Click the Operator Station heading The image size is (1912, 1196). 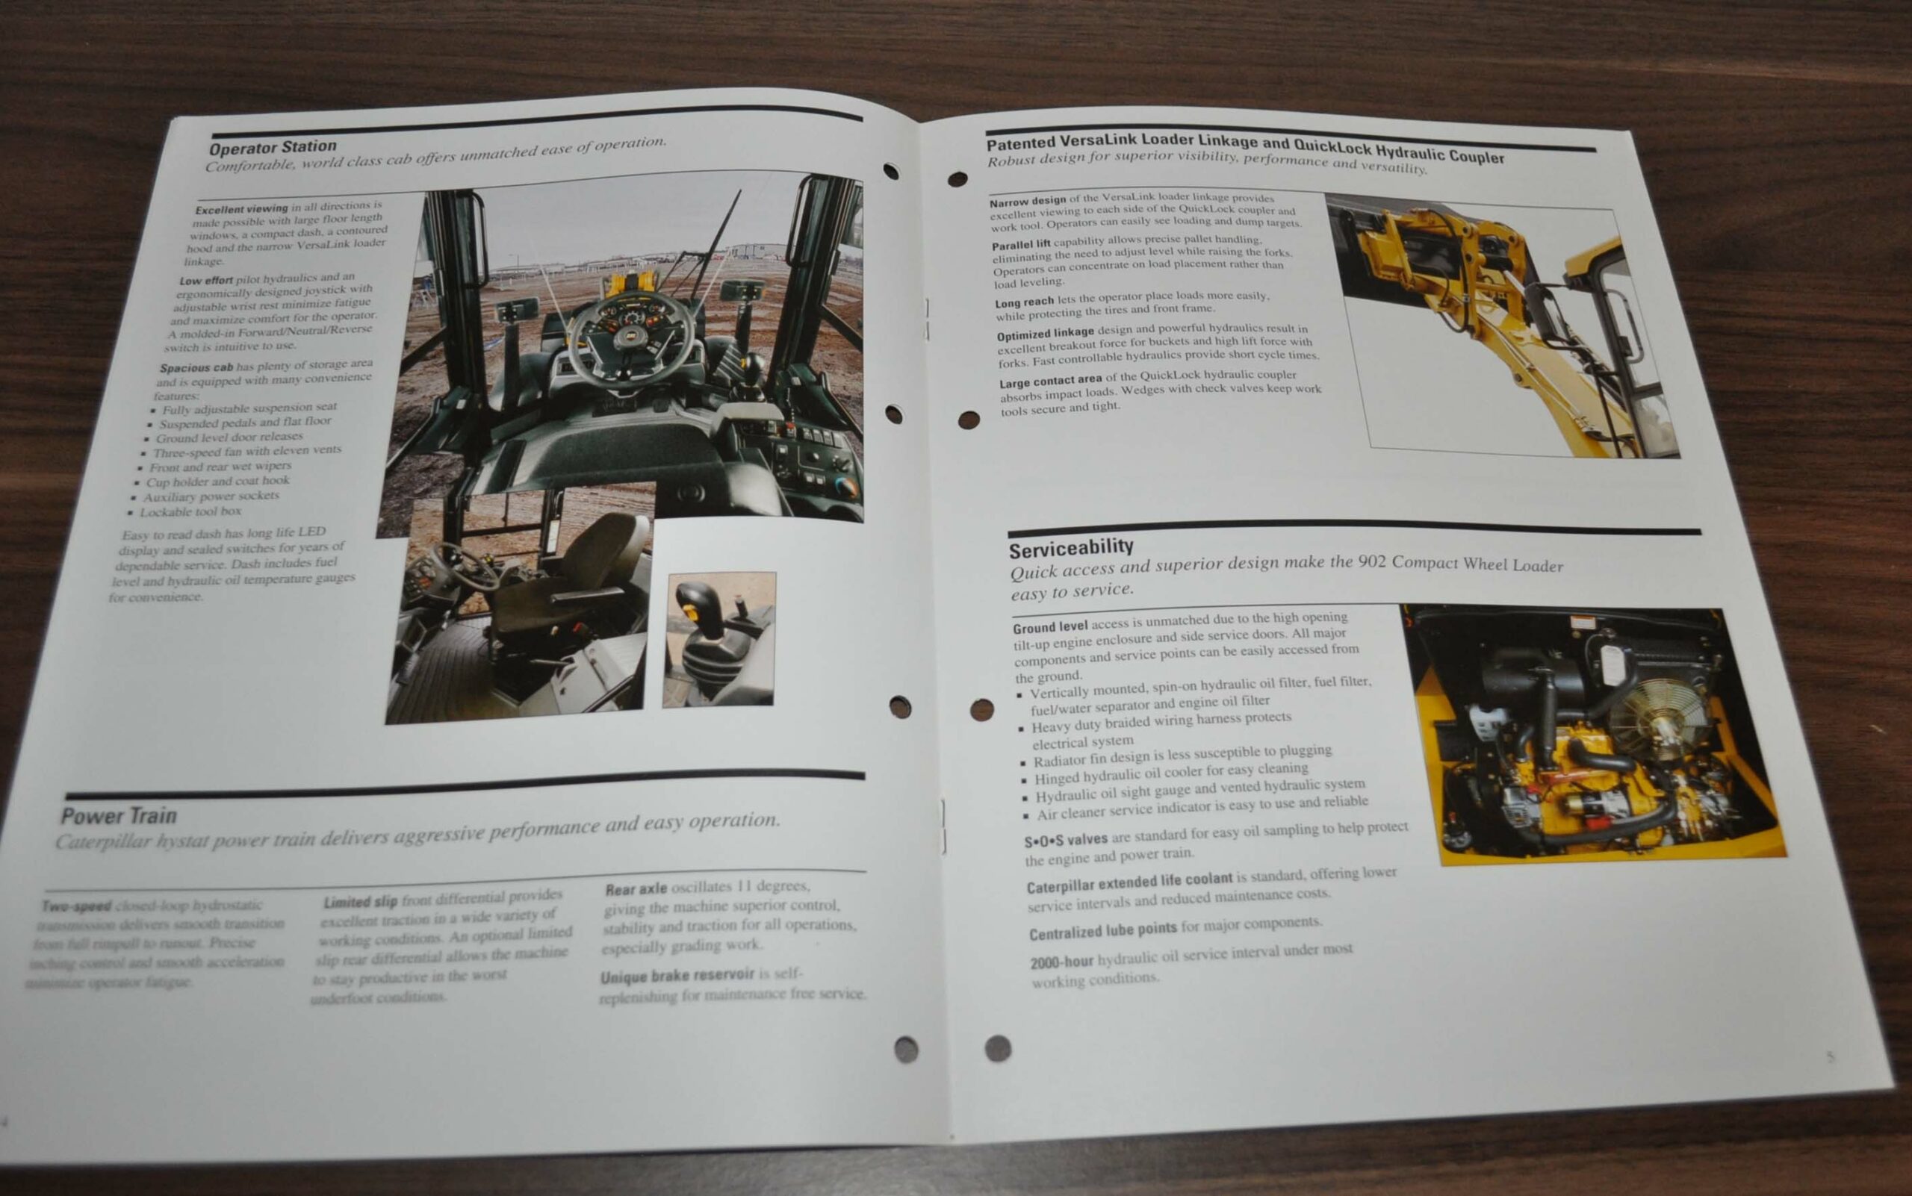273,147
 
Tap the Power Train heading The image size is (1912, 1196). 119,815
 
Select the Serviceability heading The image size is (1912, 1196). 1070,547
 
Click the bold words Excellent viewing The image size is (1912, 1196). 241,209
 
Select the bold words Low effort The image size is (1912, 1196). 205,280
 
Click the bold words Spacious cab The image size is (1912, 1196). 196,368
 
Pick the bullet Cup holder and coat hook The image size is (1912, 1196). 217,481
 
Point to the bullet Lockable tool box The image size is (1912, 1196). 190,512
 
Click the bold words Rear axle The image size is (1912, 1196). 636,889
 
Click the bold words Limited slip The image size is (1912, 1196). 360,902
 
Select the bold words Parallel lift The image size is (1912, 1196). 1021,244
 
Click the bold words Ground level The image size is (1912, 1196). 1049,627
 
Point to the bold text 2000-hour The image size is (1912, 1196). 1061,962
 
